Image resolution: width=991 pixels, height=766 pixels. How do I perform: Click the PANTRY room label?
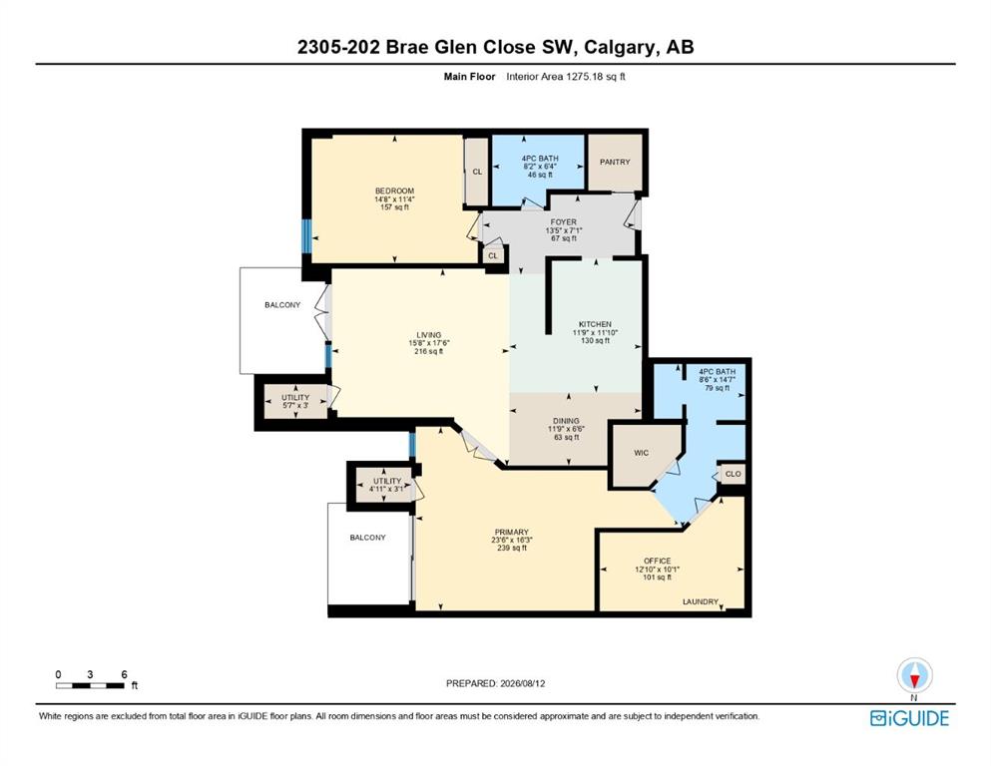615,162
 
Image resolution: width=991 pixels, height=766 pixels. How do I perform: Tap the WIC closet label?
641,453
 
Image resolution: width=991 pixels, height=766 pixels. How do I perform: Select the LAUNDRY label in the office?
701,601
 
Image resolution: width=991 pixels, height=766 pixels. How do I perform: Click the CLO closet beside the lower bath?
733,474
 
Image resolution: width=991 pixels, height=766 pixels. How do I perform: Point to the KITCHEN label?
596,324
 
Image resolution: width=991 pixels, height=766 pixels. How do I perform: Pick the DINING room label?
566,421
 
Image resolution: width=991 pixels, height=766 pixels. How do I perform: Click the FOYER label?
563,222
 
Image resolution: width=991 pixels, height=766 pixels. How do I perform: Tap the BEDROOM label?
394,191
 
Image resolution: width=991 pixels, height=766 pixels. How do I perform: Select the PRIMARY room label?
511,533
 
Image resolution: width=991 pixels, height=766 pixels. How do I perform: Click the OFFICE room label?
658,561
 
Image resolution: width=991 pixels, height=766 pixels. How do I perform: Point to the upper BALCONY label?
282,305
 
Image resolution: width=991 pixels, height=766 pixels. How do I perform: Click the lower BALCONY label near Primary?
368,538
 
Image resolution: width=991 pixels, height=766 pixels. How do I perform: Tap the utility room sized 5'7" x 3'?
295,401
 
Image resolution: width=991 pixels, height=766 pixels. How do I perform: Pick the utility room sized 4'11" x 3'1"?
387,485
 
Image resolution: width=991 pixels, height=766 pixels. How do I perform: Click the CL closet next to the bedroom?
477,172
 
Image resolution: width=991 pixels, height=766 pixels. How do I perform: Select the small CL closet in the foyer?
493,255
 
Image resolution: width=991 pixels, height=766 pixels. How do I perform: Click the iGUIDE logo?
909,718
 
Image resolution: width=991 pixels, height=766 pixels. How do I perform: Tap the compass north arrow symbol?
914,675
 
